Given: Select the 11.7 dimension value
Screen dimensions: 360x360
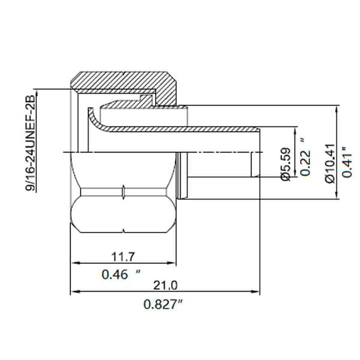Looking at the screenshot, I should coord(122,256).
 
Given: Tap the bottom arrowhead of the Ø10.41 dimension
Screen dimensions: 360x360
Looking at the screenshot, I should coord(337,195).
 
